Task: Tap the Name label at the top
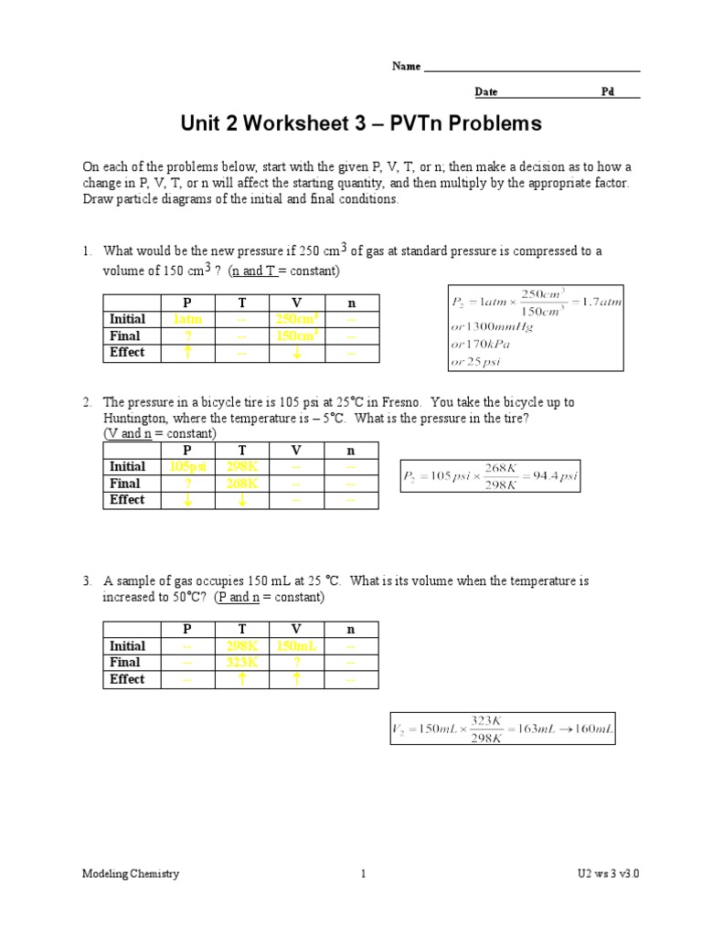pyautogui.click(x=406, y=67)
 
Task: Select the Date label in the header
pyautogui.click(x=485, y=92)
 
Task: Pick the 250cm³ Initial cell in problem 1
pyautogui.click(x=297, y=320)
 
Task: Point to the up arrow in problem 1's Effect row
pyautogui.click(x=186, y=353)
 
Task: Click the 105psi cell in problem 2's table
pyautogui.click(x=187, y=467)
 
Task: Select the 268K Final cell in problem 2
pyautogui.click(x=241, y=484)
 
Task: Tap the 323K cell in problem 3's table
pyautogui.click(x=241, y=663)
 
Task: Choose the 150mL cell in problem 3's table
pyautogui.click(x=295, y=646)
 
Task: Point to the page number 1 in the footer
pyautogui.click(x=363, y=874)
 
